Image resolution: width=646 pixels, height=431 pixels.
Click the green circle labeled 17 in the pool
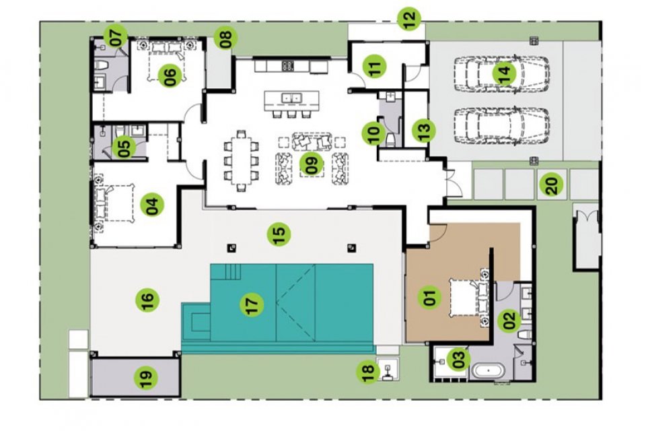coord(252,304)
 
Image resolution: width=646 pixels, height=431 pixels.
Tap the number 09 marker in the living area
coord(312,164)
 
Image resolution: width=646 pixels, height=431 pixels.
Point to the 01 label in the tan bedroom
coord(429,297)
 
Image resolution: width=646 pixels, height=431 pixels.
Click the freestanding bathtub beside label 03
coord(489,371)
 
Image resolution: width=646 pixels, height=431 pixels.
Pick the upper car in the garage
coord(502,74)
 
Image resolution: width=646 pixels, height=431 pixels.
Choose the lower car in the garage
coord(502,126)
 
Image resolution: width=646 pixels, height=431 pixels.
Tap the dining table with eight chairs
coord(242,161)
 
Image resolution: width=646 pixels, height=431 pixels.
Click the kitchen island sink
coord(291,98)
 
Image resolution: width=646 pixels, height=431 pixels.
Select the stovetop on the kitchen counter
coord(287,65)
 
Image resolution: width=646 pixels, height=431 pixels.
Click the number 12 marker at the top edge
coord(409,19)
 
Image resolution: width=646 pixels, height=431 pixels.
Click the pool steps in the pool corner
coord(232,272)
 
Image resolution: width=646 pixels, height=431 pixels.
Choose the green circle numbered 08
coord(226,37)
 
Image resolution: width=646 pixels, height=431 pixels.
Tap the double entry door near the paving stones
coord(451,182)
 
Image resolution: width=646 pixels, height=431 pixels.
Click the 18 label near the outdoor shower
coord(368,371)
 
